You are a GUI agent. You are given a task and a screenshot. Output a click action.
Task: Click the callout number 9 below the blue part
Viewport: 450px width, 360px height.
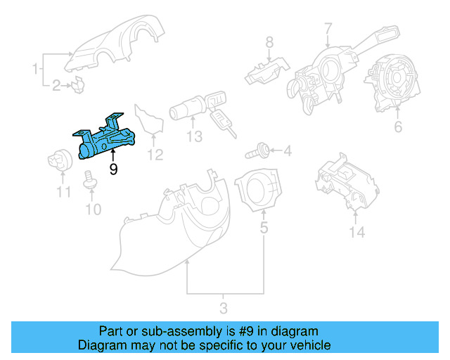point(113,169)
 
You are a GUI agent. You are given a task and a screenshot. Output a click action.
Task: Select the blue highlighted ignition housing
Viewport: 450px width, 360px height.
point(105,139)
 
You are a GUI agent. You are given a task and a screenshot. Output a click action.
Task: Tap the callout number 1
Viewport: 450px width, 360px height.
point(34,69)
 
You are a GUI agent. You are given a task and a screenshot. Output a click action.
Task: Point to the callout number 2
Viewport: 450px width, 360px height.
point(56,86)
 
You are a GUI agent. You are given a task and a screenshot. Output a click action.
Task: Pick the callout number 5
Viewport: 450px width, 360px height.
point(328,28)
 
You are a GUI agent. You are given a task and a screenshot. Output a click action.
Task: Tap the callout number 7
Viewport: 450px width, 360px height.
point(92,209)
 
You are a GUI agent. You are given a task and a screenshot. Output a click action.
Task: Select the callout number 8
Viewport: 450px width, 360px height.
point(64,192)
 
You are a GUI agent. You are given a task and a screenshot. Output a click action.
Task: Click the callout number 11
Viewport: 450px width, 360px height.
point(194,136)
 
